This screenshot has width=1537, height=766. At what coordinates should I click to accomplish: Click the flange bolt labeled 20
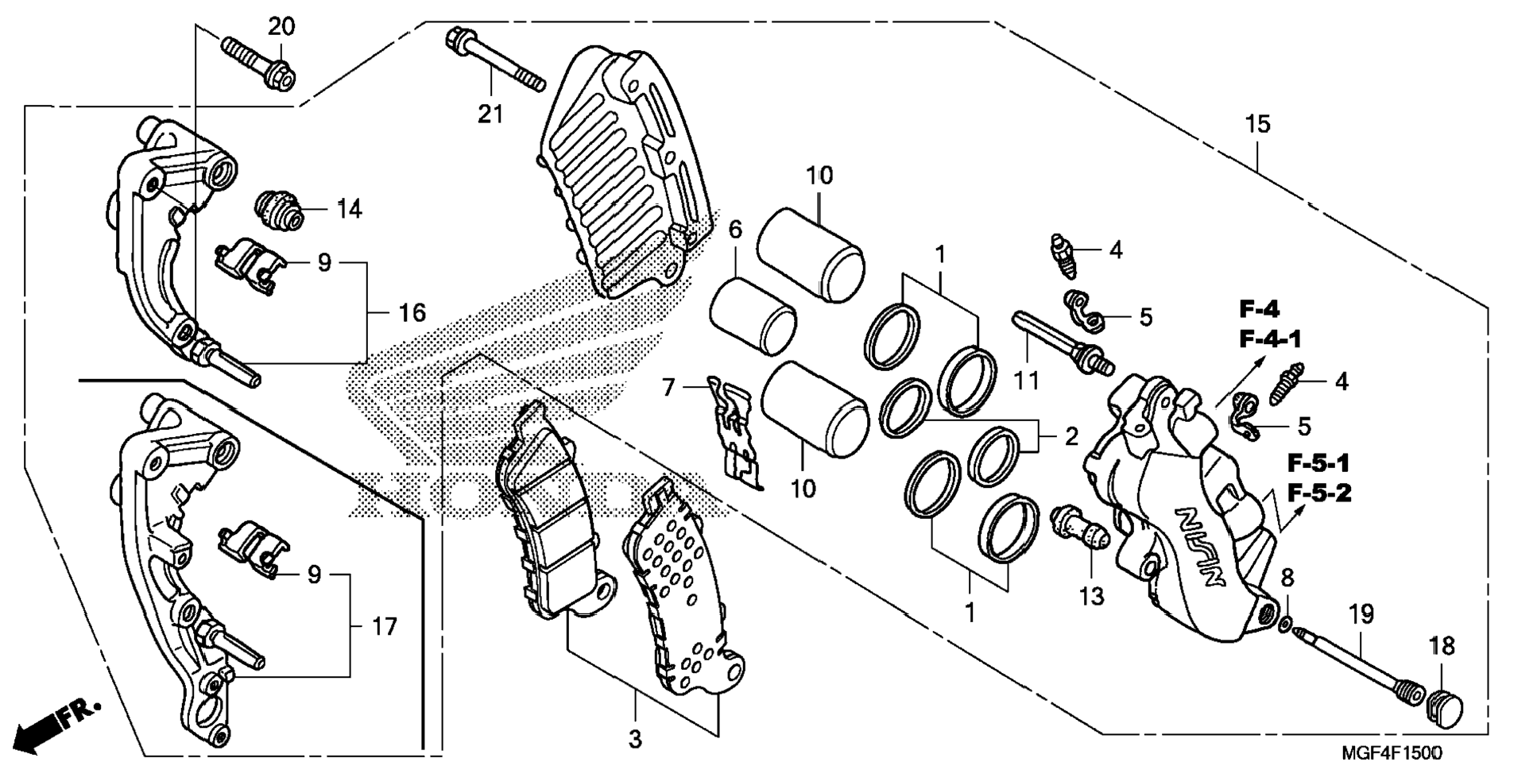(257, 62)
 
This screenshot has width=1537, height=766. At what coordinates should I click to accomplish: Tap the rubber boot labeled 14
(278, 210)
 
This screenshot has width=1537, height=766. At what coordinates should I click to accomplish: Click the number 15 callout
(1258, 124)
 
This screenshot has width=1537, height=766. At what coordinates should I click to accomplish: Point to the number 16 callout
(412, 312)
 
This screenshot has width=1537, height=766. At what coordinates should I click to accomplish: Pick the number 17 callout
(385, 627)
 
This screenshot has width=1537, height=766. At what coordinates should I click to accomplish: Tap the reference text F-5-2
(1319, 493)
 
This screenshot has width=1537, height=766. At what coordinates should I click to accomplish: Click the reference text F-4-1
(1271, 339)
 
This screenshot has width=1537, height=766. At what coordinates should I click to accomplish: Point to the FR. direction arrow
(58, 724)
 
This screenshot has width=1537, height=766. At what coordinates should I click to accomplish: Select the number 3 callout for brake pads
(634, 740)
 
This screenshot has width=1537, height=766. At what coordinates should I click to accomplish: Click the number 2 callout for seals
(1071, 436)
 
